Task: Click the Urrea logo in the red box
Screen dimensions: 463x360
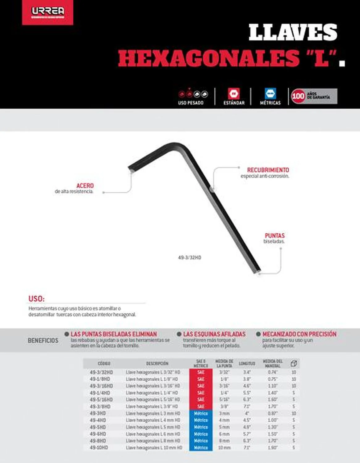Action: pos(48,12)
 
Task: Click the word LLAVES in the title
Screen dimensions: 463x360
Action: pos(292,32)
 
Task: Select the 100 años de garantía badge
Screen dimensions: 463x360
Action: pos(314,96)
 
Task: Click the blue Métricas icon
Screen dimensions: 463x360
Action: pos(270,94)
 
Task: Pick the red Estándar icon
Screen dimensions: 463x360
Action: pos(234,94)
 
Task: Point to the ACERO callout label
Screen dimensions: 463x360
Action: pos(85,186)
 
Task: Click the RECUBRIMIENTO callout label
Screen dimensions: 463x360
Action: pos(268,170)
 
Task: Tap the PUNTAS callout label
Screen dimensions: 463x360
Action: pos(274,236)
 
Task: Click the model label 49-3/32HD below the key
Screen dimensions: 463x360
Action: pos(190,257)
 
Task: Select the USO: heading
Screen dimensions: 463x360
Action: pos(36,299)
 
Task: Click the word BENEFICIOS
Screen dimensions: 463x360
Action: pos(43,340)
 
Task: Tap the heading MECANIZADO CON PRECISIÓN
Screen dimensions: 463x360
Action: pos(299,334)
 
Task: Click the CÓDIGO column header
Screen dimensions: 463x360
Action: pos(104,364)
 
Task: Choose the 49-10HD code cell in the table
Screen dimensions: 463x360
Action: pos(99,448)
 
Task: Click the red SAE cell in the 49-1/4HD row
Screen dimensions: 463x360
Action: pos(201,393)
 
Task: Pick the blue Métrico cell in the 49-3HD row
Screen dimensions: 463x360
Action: pos(201,413)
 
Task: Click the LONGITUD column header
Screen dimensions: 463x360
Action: pos(247,364)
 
